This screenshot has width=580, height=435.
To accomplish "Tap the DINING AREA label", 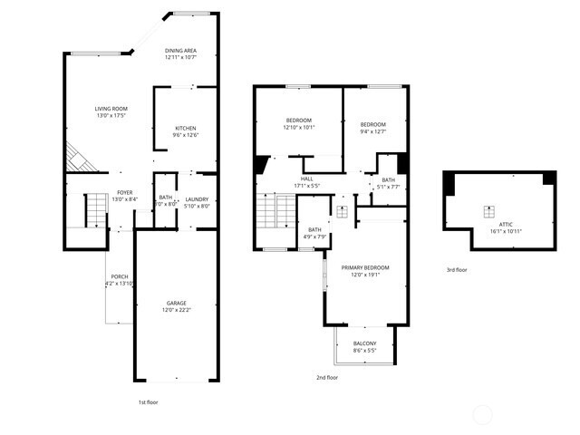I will [x=181, y=50].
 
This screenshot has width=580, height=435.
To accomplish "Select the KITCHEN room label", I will [x=186, y=128].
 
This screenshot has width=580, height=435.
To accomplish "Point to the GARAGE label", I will [x=176, y=303].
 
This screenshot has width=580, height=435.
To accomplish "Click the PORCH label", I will [x=120, y=276].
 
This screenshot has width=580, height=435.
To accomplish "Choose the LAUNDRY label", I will [x=198, y=199].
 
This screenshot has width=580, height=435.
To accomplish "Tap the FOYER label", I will [x=124, y=193].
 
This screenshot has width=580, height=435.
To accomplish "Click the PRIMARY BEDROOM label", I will [x=365, y=267].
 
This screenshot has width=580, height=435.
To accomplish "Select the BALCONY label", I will [x=364, y=343].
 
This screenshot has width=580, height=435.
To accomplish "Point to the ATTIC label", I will [x=506, y=223].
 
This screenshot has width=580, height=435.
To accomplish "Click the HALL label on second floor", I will [x=307, y=179].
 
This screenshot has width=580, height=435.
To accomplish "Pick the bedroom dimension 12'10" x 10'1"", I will [x=298, y=128].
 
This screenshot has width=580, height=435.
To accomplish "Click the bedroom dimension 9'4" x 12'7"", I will [x=372, y=131].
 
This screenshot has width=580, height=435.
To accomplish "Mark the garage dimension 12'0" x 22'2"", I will [x=176, y=310].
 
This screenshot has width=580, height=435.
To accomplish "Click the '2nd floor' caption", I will [x=326, y=377].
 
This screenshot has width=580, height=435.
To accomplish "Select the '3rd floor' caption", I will [x=457, y=269].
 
